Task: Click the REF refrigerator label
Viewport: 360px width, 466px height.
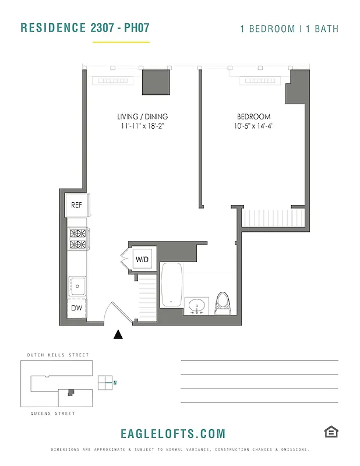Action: pyautogui.click(x=76, y=205)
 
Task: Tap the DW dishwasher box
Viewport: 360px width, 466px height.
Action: pyautogui.click(x=76, y=308)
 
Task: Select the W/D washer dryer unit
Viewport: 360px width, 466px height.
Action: pyautogui.click(x=143, y=259)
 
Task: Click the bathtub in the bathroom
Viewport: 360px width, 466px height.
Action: pyautogui.click(x=172, y=285)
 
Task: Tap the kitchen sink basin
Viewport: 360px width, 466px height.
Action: pyautogui.click(x=76, y=285)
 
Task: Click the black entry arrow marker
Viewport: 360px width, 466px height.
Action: pyautogui.click(x=118, y=334)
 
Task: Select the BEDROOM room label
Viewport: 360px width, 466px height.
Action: pyautogui.click(x=253, y=116)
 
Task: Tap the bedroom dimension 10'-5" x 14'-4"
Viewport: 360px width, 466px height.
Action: pyautogui.click(x=253, y=126)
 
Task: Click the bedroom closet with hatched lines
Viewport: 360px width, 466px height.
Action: pyautogui.click(x=273, y=218)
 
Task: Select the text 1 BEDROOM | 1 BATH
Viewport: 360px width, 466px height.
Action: pyautogui.click(x=289, y=29)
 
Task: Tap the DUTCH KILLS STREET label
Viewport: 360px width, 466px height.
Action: pyautogui.click(x=58, y=355)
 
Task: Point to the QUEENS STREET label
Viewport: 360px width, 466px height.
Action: pyautogui.click(x=52, y=414)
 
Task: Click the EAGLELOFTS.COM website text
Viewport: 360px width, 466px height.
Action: pyautogui.click(x=172, y=434)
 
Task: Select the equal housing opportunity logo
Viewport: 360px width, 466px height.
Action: pyautogui.click(x=331, y=432)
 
